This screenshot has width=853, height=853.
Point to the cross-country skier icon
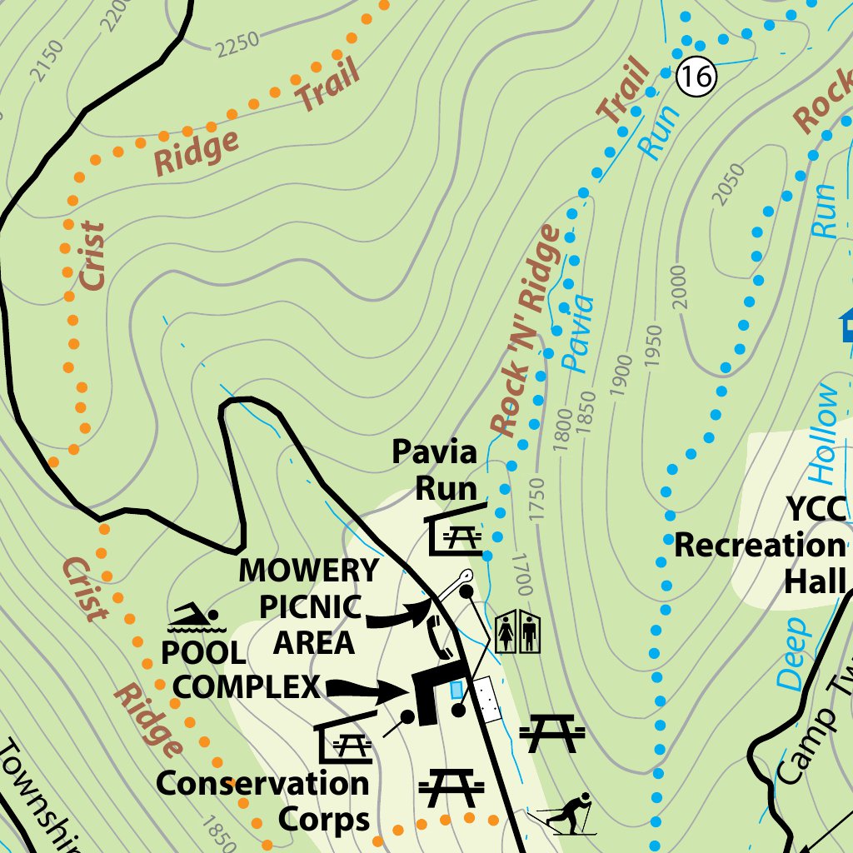coord(567,815)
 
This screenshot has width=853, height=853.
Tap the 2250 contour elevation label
coord(237,41)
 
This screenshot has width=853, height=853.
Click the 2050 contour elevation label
coord(726,183)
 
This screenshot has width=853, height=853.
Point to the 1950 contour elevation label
coord(653,346)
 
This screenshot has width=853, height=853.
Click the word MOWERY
coord(309,571)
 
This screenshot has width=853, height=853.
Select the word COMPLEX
coord(247,687)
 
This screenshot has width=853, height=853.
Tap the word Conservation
coord(262,784)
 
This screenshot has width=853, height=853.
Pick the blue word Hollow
coord(825,433)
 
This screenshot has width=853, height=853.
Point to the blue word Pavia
coord(578,332)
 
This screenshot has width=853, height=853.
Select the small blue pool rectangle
coord(456,690)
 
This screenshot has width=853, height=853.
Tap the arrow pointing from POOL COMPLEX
coord(367,690)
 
